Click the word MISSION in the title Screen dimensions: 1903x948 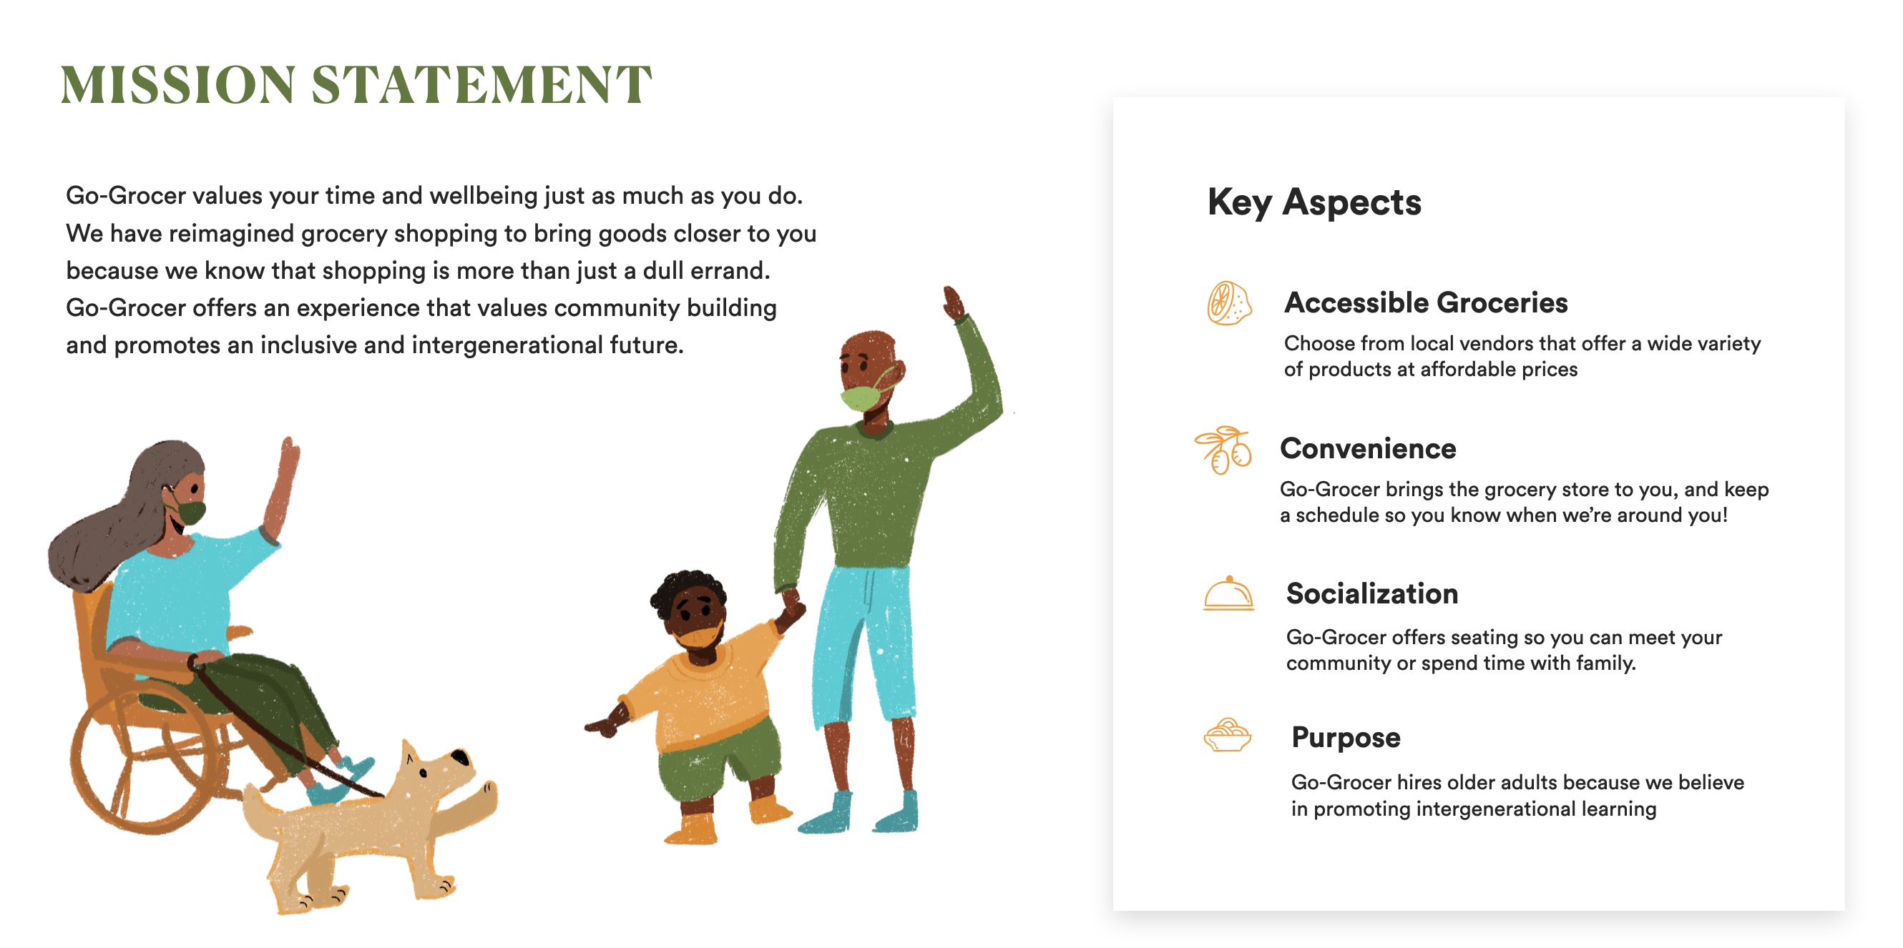(x=178, y=84)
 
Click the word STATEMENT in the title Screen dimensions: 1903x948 (x=481, y=84)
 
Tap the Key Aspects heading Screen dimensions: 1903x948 (x=1314, y=202)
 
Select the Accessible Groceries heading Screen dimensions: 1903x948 (x=1426, y=302)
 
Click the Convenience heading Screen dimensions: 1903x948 (x=1368, y=449)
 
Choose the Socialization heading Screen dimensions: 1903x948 (x=1372, y=593)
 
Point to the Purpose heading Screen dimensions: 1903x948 (x=1346, y=738)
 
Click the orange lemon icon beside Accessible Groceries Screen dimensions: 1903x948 (x=1229, y=303)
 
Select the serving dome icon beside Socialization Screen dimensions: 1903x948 (x=1228, y=594)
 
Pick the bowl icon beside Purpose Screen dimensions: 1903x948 (x=1228, y=736)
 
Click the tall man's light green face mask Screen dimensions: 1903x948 (x=862, y=398)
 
